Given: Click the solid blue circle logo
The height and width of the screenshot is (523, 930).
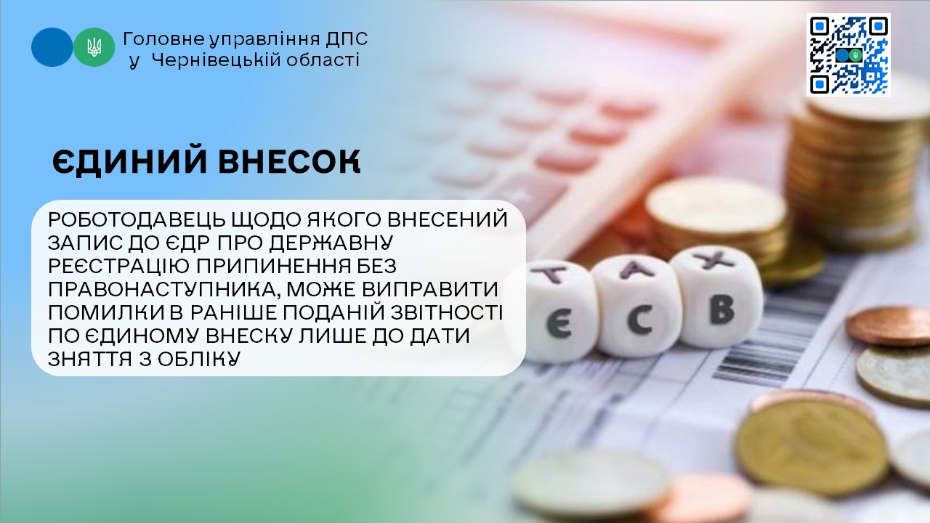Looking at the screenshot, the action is point(52,47).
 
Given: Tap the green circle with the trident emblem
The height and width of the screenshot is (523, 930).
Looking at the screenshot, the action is point(94,47).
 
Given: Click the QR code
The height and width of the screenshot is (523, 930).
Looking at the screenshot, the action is point(849,54).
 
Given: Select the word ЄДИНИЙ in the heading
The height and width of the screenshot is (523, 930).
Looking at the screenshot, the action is point(129,161).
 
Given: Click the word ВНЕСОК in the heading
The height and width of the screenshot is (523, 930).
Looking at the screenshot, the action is point(289,161).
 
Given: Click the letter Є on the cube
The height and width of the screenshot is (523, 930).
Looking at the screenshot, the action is point(559,325).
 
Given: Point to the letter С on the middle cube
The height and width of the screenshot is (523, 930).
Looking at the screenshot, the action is point(639,320).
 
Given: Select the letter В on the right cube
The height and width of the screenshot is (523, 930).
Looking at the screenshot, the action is point(722,309).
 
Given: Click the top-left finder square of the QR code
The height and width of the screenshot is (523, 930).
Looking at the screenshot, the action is point(820,26).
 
